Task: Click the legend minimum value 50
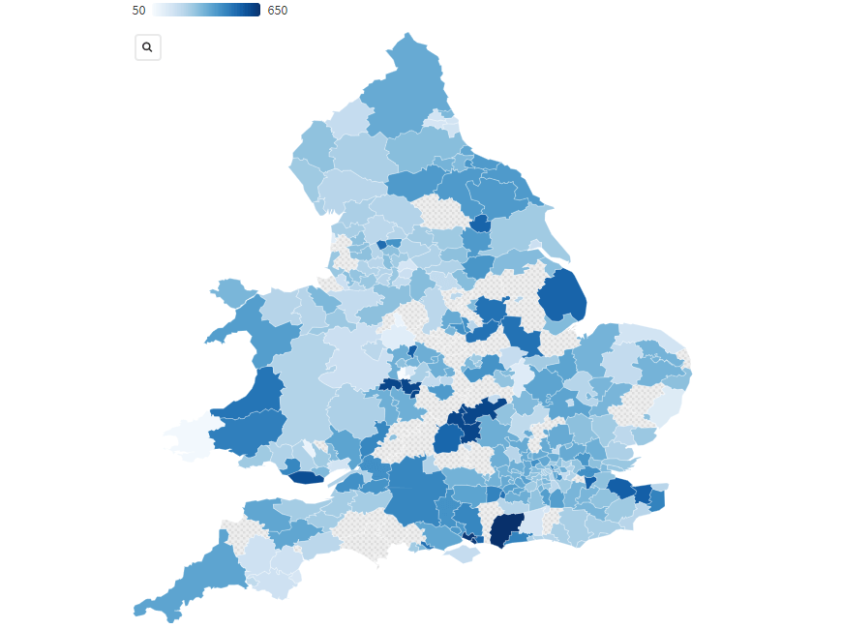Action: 138,11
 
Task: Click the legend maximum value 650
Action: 278,11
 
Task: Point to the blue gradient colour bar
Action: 206,11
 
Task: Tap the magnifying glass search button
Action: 147,47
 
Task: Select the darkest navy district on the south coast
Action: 506,530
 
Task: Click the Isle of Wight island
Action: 464,554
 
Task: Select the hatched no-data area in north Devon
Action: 242,533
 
